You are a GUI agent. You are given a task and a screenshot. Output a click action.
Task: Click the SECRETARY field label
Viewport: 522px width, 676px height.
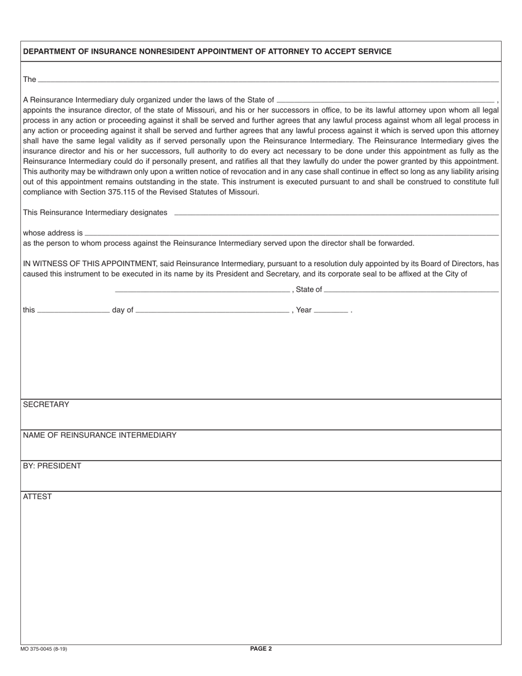[x=46, y=405]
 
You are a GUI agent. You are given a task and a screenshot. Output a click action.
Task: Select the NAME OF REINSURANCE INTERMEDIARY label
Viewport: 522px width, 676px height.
[x=99, y=435]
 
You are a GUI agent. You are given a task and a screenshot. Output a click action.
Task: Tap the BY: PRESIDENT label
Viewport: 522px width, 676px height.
[x=52, y=466]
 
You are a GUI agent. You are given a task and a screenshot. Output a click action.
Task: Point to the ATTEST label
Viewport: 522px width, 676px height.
[x=37, y=497]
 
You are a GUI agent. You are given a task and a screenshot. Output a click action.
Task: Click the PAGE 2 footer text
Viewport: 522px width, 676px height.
[x=261, y=649]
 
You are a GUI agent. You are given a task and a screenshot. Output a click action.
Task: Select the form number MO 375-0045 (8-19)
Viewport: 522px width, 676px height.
[x=46, y=649]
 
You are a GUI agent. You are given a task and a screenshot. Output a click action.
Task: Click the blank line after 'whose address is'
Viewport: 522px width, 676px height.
[x=292, y=234]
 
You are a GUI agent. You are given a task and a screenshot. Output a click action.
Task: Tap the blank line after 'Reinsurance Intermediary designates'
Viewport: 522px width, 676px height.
[x=336, y=213]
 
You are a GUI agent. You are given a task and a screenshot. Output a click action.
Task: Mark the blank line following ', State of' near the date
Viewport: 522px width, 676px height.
[x=412, y=291]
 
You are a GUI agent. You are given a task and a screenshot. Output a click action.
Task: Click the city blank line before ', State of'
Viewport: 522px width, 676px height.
[x=202, y=291]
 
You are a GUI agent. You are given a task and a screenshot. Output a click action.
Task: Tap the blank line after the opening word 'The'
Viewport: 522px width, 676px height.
[x=268, y=81]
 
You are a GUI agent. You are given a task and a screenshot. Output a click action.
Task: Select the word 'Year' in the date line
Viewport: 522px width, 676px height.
[x=304, y=310]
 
